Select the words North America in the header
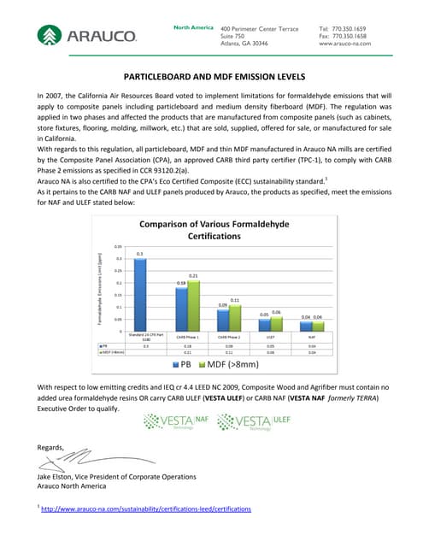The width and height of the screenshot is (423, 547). pyautogui.click(x=193, y=28)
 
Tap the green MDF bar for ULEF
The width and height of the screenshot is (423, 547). pyautogui.click(x=276, y=324)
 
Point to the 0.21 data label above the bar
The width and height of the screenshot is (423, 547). pyautogui.click(x=193, y=276)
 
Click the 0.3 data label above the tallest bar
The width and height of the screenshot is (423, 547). pyautogui.click(x=139, y=255)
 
